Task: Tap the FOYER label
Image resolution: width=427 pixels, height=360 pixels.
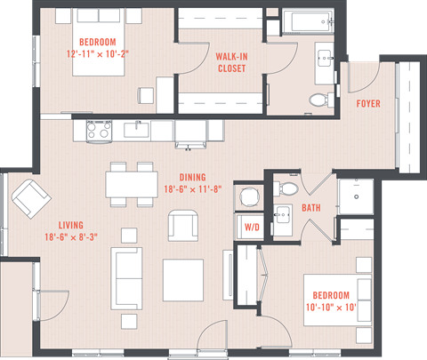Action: coord(368,104)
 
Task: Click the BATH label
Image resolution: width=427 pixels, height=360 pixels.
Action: coord(310,208)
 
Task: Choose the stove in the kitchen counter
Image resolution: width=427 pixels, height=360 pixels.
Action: coord(98,131)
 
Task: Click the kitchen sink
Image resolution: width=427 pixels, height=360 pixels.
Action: coord(137,131)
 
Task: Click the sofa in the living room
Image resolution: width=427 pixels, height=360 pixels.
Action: coord(127,275)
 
